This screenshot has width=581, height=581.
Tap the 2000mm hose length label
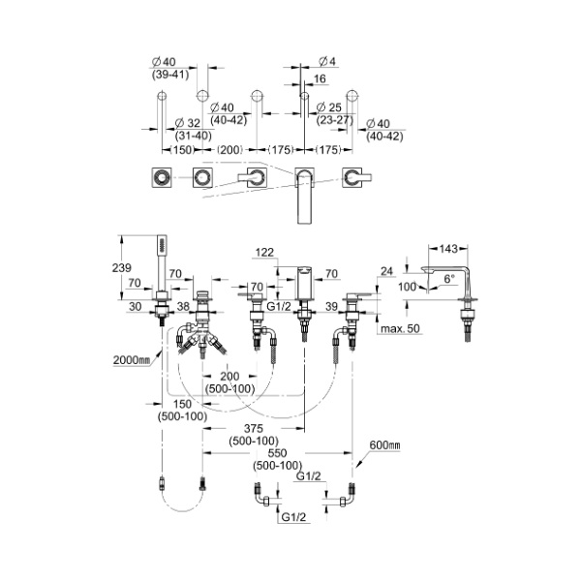130,359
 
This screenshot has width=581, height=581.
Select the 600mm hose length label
383,444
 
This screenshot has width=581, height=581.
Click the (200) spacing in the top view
229,150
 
